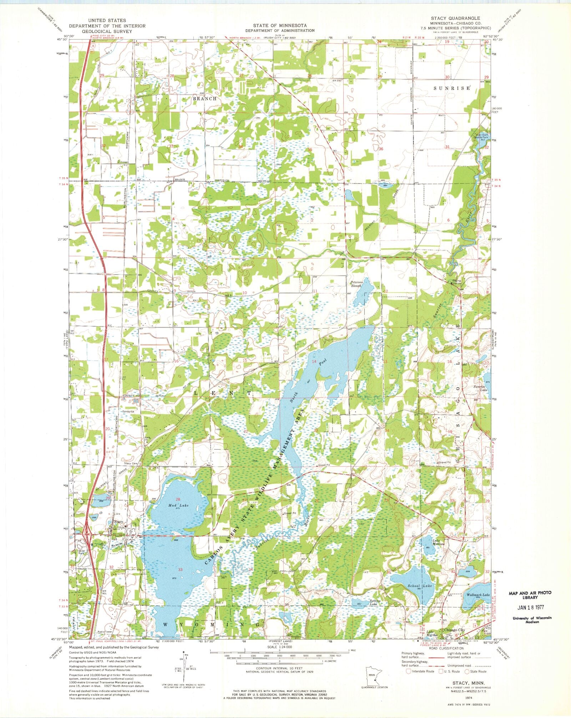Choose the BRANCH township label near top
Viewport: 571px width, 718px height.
(205, 99)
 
